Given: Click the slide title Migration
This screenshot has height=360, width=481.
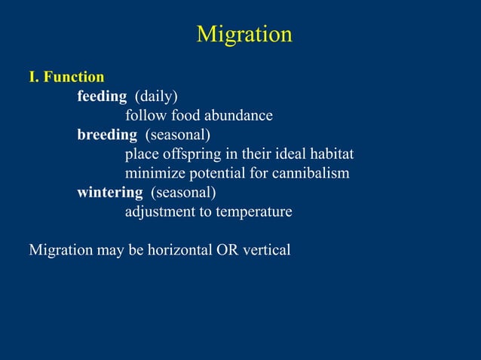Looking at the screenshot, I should point(244,35).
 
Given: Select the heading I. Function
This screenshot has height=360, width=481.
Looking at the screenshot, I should point(66,77).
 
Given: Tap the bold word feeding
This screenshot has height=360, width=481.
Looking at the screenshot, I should point(102,96).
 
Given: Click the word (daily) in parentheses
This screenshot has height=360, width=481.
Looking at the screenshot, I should point(156,96).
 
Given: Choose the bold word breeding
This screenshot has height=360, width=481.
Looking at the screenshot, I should point(107,135).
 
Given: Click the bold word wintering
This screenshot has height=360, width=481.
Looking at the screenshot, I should point(109,192).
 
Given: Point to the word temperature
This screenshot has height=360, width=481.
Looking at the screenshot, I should point(254,212).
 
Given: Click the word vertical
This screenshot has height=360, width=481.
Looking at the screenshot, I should point(266,249).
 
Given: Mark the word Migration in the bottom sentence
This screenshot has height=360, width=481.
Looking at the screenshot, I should point(60,249).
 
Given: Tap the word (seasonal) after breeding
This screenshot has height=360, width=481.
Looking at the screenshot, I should point(178,135).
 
